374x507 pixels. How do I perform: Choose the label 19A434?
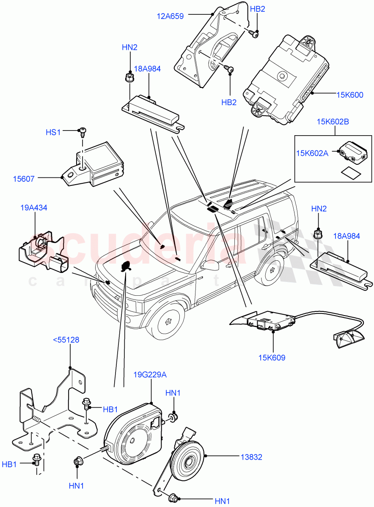pyautogui.click(x=33, y=208)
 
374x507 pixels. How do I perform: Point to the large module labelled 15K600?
pyautogui.click(x=286, y=80)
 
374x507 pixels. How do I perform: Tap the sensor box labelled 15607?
pyautogui.click(x=99, y=163)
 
